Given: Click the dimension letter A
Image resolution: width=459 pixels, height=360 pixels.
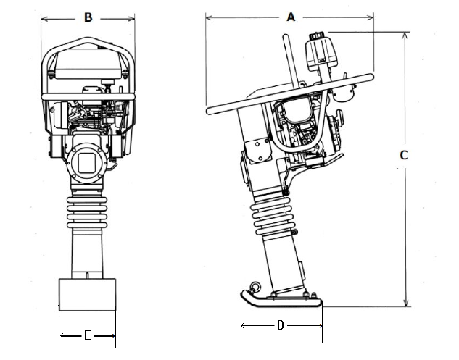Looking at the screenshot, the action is [x=291, y=17].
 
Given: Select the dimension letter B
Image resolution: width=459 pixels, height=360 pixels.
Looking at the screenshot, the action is [x=88, y=17].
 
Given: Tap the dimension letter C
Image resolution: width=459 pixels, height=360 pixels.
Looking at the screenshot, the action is [x=404, y=155].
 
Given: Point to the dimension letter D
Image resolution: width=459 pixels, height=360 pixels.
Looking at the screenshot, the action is [x=281, y=325].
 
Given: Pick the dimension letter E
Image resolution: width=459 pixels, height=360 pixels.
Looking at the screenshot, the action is [x=87, y=335].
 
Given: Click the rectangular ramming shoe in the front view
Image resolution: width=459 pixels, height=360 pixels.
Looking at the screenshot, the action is [x=88, y=295].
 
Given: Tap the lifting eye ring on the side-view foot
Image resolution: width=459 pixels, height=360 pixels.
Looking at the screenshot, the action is [x=255, y=287].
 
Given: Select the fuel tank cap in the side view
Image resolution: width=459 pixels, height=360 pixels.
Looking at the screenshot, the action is [x=316, y=35].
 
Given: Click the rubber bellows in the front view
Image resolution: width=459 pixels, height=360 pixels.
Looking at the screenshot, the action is [x=87, y=212].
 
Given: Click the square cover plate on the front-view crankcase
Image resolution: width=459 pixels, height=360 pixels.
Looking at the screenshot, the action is [x=86, y=163].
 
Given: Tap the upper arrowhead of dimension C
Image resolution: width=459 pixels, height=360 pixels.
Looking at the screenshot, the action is [x=405, y=35].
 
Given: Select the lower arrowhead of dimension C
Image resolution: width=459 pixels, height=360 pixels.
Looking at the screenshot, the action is [x=406, y=303].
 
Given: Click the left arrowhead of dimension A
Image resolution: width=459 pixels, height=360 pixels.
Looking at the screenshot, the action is [x=210, y=18].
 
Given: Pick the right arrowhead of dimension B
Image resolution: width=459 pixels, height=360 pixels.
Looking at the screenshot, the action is [x=131, y=20].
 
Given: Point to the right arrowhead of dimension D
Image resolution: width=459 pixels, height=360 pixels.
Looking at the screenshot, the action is [x=319, y=325].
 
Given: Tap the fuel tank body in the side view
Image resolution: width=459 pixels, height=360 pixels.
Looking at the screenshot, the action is [x=321, y=54].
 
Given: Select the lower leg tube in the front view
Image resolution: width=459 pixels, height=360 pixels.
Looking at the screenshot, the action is [x=87, y=254].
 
